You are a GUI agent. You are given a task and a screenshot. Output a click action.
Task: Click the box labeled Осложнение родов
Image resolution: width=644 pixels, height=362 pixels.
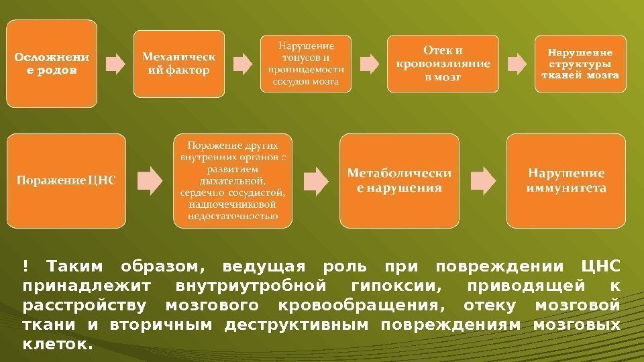pos(52,63)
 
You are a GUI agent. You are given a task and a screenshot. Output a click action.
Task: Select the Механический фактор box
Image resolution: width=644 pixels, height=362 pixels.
pos(178,63)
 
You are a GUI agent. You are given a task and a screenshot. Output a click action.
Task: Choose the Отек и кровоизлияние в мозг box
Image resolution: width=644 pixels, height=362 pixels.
pos(443,63)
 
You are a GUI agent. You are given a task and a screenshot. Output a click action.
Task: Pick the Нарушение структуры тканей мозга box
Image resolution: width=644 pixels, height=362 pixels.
pos(580,63)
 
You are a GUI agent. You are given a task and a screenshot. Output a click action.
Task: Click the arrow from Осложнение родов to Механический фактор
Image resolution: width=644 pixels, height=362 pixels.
pos(115,64)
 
